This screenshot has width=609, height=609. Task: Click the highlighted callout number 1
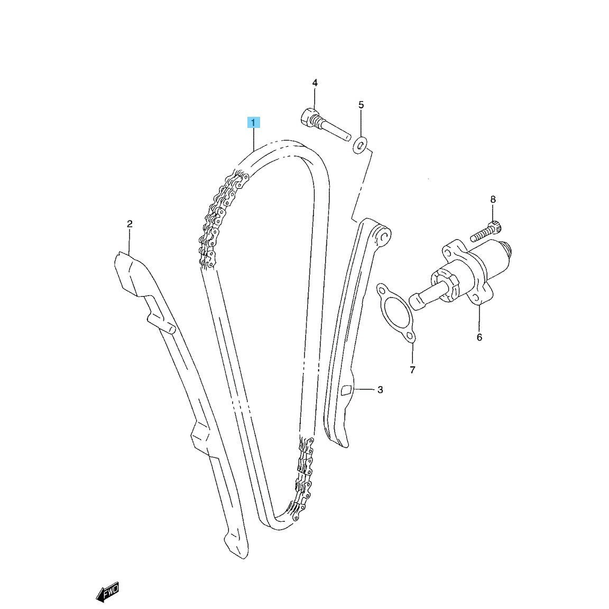pyautogui.click(x=253, y=123)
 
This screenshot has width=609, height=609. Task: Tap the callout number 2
pyautogui.click(x=130, y=224)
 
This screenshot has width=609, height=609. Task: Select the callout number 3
pyautogui.click(x=380, y=389)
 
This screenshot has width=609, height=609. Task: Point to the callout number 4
pyautogui.click(x=315, y=82)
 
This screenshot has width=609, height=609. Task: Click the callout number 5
pyautogui.click(x=361, y=105)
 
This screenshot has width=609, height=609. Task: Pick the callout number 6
pyautogui.click(x=479, y=337)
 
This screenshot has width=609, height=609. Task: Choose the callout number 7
pyautogui.click(x=412, y=370)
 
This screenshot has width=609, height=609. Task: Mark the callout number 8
pyautogui.click(x=493, y=200)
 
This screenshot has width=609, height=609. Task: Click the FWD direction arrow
pyautogui.click(x=107, y=593)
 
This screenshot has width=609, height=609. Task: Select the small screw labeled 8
pyautogui.click(x=486, y=231)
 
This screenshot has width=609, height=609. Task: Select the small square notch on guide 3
pyautogui.click(x=346, y=390)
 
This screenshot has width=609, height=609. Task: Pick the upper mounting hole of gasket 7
pyautogui.click(x=383, y=290)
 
